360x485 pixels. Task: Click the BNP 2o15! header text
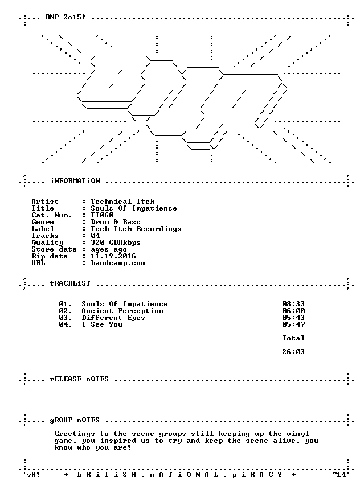[66, 17]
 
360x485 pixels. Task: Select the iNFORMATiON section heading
[75, 181]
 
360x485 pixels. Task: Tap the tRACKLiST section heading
[70, 283]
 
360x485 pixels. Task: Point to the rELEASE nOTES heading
[79, 379]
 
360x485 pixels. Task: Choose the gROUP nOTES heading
[75, 420]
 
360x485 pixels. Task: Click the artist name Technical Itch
[122, 202]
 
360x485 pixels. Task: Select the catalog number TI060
[102, 215]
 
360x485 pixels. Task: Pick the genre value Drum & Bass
[116, 222]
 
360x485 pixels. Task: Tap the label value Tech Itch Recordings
[136, 229]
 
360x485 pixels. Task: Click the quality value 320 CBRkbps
[116, 242]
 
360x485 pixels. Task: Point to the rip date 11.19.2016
[113, 256]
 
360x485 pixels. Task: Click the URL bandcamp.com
[118, 263]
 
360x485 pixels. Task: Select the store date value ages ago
[109, 249]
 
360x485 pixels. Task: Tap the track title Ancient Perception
[122, 311]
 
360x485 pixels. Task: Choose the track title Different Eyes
[113, 318]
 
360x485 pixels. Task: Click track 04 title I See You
[102, 324]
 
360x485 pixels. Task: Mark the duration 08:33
[293, 304]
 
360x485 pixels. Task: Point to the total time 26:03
[293, 352]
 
